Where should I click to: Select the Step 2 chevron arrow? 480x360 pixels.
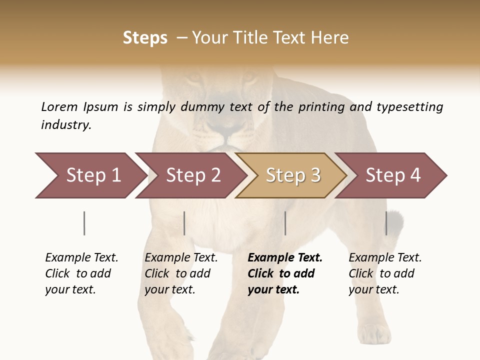pos(192,175)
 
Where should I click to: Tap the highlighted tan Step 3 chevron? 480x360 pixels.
pos(292,175)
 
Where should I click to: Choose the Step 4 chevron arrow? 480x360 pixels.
pos(392,175)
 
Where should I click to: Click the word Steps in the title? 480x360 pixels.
pos(145,38)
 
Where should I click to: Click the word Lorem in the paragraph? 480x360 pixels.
pos(59,106)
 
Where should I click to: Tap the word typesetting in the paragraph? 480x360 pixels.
pos(409,107)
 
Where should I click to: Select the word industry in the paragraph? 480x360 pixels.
pos(66,125)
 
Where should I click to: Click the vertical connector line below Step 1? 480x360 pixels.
pos(84,223)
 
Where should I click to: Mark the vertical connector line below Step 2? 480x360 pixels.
pos(184,223)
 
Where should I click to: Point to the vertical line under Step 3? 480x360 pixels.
pos(285,223)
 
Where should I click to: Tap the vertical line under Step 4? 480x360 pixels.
pos(386,223)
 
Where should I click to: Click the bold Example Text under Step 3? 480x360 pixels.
pos(285,257)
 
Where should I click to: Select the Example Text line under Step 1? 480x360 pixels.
pos(81,257)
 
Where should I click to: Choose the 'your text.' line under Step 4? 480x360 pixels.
pos(373,289)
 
